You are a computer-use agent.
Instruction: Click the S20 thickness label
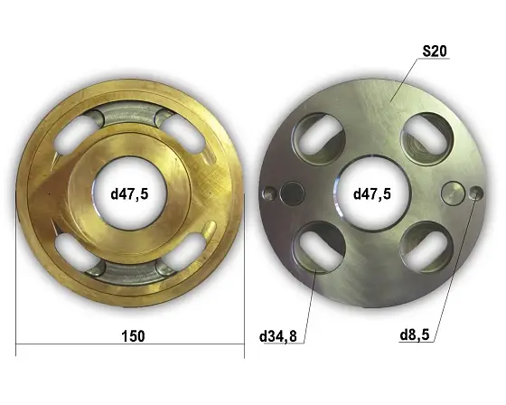pyautogui.click(x=435, y=51)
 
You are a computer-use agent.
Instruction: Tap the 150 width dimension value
pyautogui.click(x=133, y=336)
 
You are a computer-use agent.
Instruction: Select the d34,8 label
pyautogui.click(x=278, y=336)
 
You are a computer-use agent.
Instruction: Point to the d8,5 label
pyautogui.click(x=415, y=334)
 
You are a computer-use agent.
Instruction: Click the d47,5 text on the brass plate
pyautogui.click(x=130, y=194)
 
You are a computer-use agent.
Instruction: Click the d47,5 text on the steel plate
pyautogui.click(x=372, y=194)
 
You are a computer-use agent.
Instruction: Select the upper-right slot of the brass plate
pyautogui.click(x=182, y=135)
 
